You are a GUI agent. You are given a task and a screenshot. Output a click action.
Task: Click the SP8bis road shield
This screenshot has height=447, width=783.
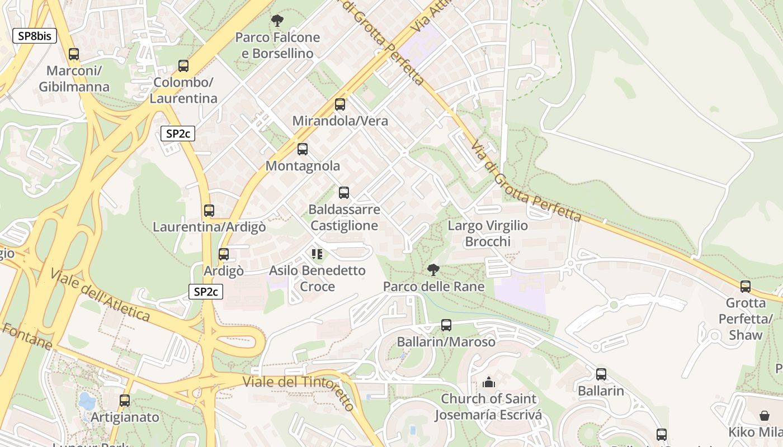[35, 36]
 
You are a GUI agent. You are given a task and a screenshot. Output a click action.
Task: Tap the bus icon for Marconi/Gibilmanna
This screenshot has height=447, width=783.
[74, 54]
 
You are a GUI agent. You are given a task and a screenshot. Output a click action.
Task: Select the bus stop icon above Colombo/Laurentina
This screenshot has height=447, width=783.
[183, 66]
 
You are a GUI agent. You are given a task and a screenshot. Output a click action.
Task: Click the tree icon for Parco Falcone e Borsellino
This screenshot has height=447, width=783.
[277, 21]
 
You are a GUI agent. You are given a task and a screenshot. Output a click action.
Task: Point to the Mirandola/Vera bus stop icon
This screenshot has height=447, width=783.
[340, 104]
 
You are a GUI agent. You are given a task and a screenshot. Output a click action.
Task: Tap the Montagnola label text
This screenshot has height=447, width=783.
[303, 166]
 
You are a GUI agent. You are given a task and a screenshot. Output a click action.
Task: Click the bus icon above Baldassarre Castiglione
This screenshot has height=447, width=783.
[344, 193]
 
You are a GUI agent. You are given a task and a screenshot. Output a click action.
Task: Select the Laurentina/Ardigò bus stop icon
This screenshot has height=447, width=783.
[209, 211]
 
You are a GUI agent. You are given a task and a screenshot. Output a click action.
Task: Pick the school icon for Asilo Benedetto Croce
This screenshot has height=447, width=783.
[317, 255]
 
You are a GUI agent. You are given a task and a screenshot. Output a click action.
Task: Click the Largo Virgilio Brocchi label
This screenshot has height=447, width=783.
[488, 234]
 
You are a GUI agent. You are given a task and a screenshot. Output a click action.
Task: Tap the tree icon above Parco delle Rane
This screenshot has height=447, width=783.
[433, 270]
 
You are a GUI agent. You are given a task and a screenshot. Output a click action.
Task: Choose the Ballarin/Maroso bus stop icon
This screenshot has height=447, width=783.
[446, 325]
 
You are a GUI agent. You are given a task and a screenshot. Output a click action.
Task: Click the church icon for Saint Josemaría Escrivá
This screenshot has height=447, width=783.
[489, 383]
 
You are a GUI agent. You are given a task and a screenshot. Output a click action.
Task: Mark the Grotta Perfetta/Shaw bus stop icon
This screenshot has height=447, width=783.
[746, 287]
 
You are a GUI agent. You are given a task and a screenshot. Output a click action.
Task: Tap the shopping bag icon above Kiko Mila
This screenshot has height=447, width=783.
[765, 416]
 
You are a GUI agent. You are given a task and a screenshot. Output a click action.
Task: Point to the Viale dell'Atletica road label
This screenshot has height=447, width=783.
[100, 295]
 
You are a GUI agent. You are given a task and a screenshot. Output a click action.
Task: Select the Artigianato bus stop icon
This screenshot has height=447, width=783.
[125, 401]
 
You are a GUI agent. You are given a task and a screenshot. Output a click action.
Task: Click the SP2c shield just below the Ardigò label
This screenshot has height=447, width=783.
[206, 292]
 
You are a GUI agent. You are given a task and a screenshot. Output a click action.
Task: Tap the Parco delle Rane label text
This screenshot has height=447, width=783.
[433, 287]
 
